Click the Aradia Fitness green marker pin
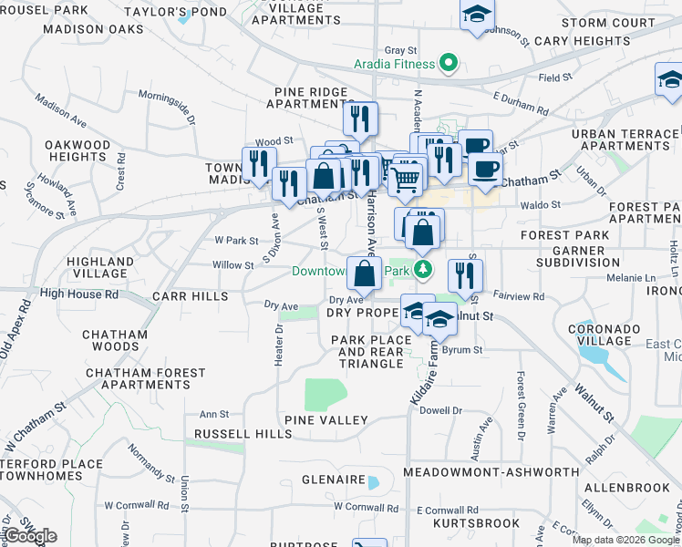[x=448, y=64]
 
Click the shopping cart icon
[x=406, y=178]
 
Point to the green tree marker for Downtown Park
[x=423, y=271]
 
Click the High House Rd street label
[x=79, y=294]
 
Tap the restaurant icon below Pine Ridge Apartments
[x=360, y=119]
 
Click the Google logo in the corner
[x=30, y=536]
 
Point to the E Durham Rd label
[x=521, y=102]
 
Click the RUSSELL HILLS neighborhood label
[x=242, y=434]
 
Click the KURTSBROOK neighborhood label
[x=476, y=524]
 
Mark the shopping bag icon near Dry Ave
[x=364, y=273]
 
